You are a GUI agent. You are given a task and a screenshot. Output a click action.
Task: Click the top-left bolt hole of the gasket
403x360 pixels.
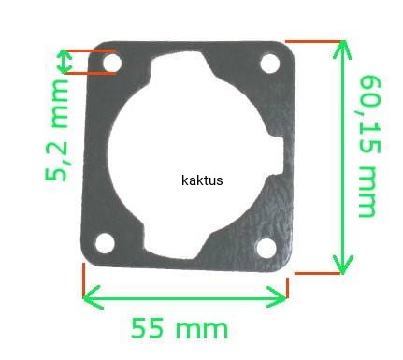[112, 63]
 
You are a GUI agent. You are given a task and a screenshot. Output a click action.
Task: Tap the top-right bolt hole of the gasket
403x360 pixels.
[269, 64]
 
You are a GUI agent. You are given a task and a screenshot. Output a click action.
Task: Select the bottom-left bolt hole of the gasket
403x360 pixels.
[105, 243]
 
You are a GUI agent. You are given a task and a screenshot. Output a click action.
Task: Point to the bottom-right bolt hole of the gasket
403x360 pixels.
[266, 248]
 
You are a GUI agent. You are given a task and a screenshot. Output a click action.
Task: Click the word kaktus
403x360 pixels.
[202, 180]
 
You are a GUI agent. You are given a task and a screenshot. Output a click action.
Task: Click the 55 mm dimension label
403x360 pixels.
[180, 328]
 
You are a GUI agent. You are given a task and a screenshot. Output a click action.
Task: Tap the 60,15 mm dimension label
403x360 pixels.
[370, 146]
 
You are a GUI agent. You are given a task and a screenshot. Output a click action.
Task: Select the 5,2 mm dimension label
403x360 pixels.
[56, 130]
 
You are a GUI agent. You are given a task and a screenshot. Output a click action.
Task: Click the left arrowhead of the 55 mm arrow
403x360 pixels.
[93, 296]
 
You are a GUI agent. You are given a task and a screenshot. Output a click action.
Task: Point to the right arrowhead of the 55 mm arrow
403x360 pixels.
[277, 296]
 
